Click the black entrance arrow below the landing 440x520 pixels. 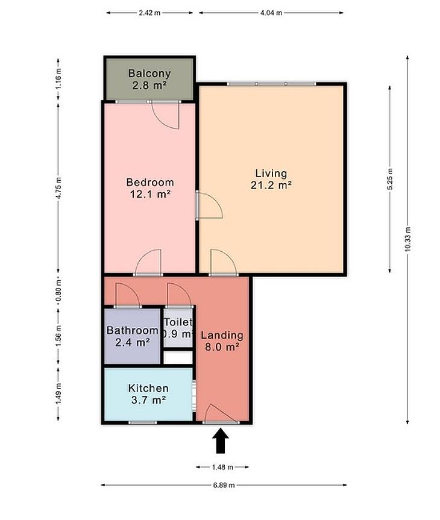click(221, 440)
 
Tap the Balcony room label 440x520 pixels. click(149, 73)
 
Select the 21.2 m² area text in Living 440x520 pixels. click(271, 185)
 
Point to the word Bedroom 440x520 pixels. click(150, 182)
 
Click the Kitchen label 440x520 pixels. click(148, 388)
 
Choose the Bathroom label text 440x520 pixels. click(132, 330)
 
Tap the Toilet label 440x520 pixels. click(178, 322)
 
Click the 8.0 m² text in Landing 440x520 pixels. click(222, 347)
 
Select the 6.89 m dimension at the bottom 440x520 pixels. click(224, 485)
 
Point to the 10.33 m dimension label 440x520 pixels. click(407, 239)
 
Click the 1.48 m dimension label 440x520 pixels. click(222, 467)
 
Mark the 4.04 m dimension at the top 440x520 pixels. click(271, 13)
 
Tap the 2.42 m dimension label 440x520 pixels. click(149, 13)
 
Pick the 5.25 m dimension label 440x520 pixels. click(389, 179)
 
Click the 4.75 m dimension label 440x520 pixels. click(58, 188)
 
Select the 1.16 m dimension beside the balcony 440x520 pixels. click(58, 78)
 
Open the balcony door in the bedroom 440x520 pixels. click(166, 114)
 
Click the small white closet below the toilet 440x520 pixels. click(178, 357)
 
